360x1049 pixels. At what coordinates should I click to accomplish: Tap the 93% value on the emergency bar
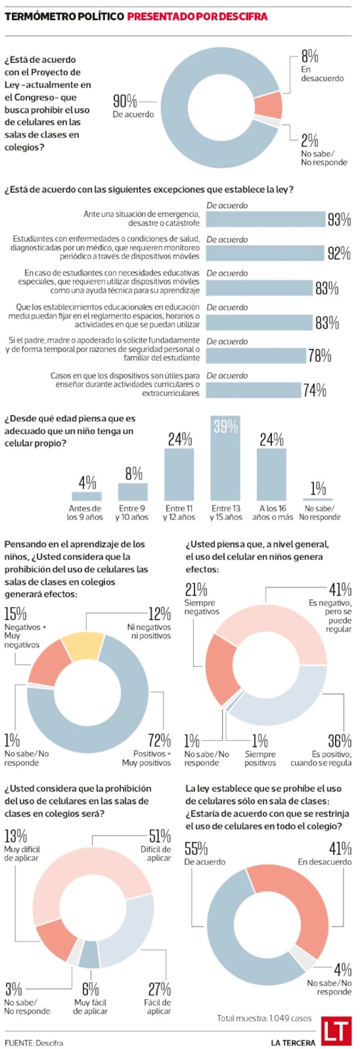(x=339, y=220)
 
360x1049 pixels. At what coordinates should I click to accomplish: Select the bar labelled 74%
(x=254, y=390)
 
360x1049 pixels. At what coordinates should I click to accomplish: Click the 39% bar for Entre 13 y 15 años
(x=225, y=458)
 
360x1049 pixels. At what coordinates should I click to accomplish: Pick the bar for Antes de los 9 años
(x=87, y=496)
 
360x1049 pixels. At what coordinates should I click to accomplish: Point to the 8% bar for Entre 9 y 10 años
(x=133, y=492)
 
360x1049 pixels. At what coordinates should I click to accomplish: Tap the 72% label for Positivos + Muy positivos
(x=160, y=740)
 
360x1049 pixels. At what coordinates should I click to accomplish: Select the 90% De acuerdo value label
(x=125, y=101)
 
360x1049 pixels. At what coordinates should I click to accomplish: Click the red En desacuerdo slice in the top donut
(x=268, y=105)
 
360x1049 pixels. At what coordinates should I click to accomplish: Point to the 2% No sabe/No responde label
(x=310, y=141)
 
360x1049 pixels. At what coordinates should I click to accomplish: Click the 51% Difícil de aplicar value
(x=160, y=836)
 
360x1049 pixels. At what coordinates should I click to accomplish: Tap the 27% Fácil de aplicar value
(x=160, y=989)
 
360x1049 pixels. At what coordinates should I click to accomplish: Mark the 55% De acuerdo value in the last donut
(x=196, y=849)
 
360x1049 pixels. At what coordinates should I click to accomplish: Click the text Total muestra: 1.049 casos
(x=264, y=1018)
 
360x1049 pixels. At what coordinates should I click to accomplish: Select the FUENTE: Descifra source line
(x=34, y=1043)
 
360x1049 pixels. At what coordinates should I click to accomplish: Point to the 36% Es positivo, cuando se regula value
(x=340, y=740)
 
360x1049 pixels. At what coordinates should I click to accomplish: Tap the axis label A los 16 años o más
(x=272, y=513)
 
